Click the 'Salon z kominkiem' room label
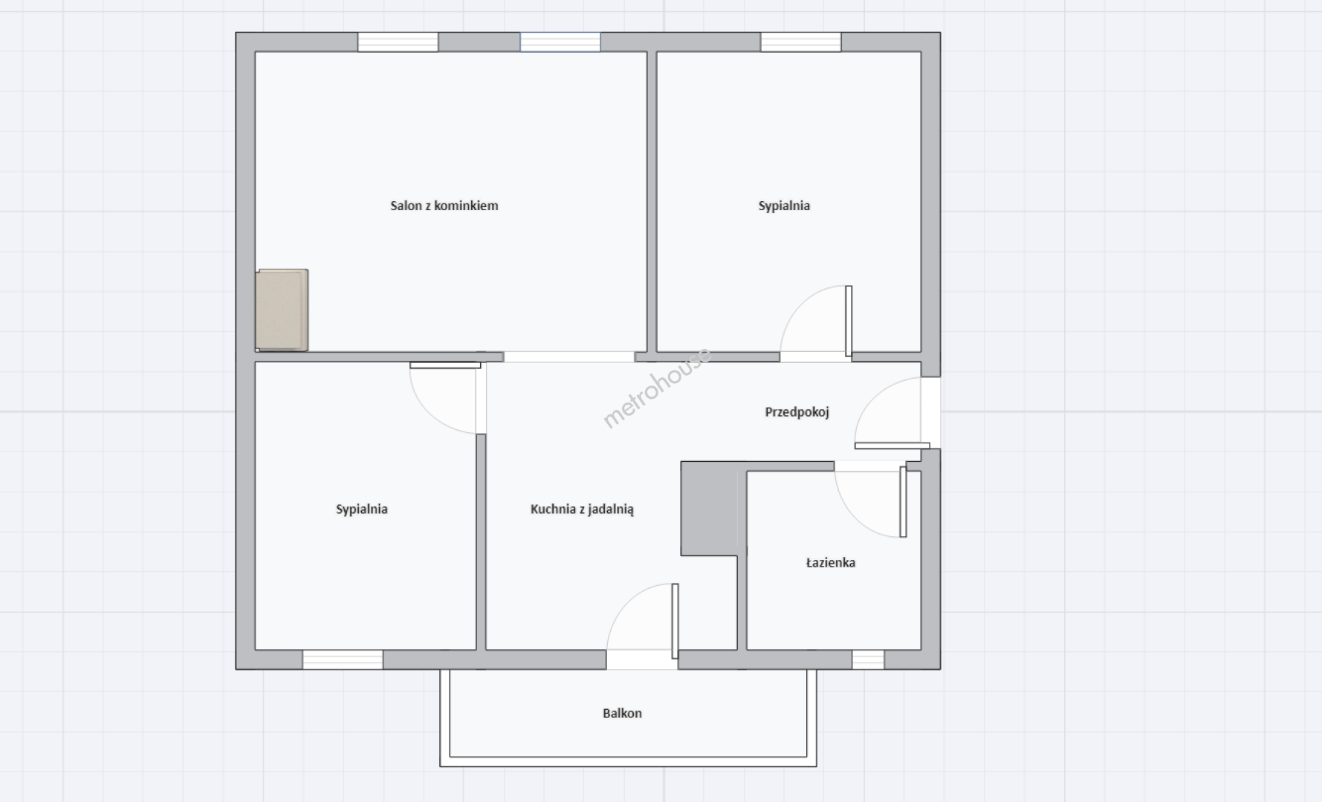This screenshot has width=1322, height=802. (x=444, y=206)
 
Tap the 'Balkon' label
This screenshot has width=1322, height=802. (x=622, y=713)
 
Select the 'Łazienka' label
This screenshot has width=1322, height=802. (x=831, y=562)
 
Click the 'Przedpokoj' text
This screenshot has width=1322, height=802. (x=797, y=411)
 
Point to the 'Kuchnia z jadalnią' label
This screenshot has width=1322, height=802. (x=582, y=509)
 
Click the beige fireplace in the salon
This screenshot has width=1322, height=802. (x=282, y=310)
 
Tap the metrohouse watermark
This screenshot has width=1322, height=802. (x=657, y=388)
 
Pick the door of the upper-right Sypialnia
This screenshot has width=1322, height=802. (x=816, y=322)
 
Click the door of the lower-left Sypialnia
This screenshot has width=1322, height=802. (x=446, y=398)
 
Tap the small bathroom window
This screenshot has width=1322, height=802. (x=868, y=659)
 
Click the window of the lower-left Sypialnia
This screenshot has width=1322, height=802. (x=343, y=659)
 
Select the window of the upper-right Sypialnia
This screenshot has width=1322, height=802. (x=801, y=42)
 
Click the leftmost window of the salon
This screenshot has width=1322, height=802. (x=398, y=42)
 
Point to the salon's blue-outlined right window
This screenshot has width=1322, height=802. (x=560, y=42)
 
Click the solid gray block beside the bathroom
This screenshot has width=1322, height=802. (x=710, y=509)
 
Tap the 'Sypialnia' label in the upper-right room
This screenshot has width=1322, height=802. (x=784, y=206)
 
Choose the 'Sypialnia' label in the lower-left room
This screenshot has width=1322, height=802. (x=362, y=509)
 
